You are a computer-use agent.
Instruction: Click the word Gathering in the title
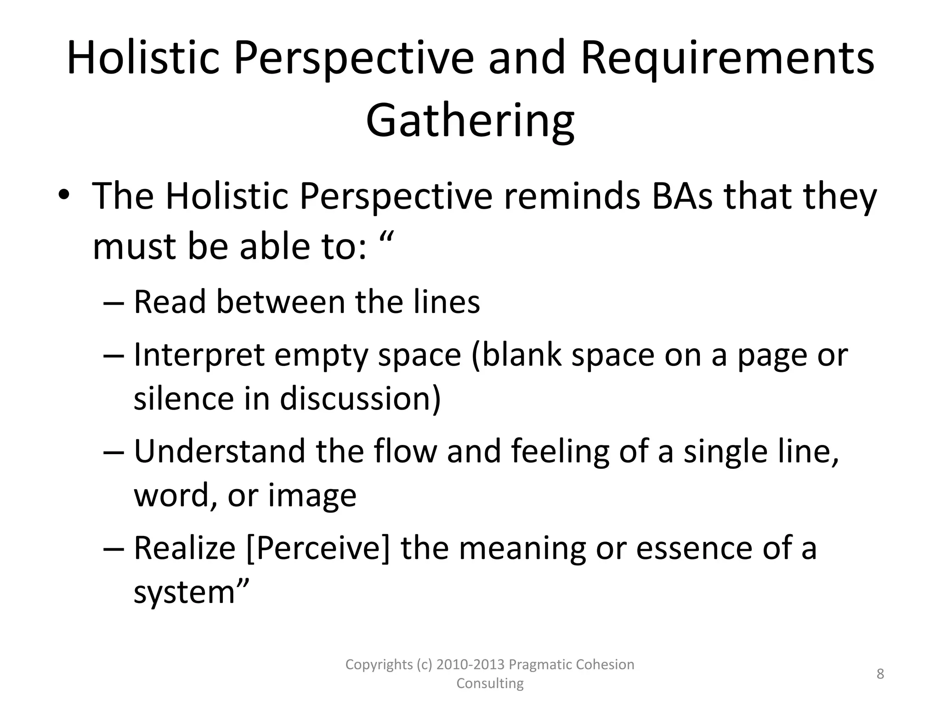[470, 120]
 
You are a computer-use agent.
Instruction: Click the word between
[280, 302]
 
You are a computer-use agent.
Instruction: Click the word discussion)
[360, 398]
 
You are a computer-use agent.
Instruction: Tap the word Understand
[220, 451]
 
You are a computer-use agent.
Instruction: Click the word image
[312, 495]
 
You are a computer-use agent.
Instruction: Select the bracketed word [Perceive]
[318, 548]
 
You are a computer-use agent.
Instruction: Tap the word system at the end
[184, 592]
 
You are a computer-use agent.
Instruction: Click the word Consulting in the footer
[490, 683]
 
